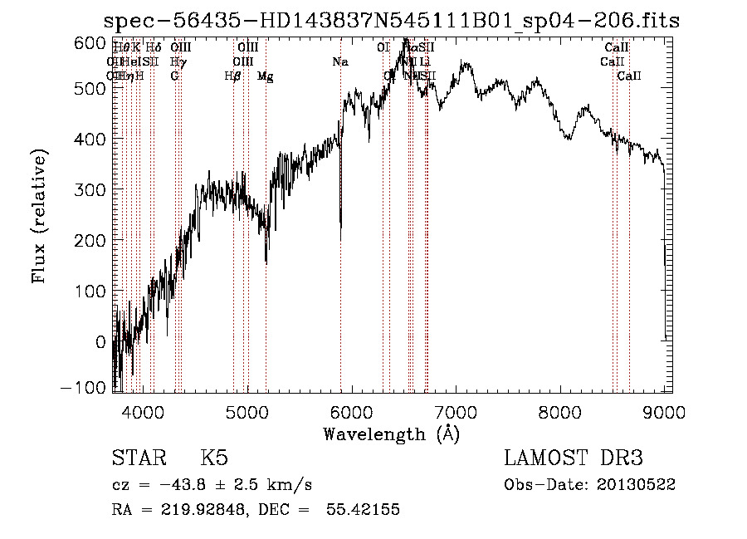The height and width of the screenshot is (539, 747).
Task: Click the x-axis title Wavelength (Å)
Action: point(391,434)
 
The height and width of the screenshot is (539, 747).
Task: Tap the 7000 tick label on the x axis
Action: point(456,409)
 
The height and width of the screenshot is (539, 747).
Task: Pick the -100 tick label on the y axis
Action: point(84,388)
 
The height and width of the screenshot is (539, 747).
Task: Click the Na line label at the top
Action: point(339,61)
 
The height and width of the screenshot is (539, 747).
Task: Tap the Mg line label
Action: point(266,76)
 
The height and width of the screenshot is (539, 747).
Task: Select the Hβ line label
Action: point(233,76)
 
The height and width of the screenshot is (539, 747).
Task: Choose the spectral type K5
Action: point(214,458)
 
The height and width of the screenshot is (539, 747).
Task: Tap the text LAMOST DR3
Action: point(574,458)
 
